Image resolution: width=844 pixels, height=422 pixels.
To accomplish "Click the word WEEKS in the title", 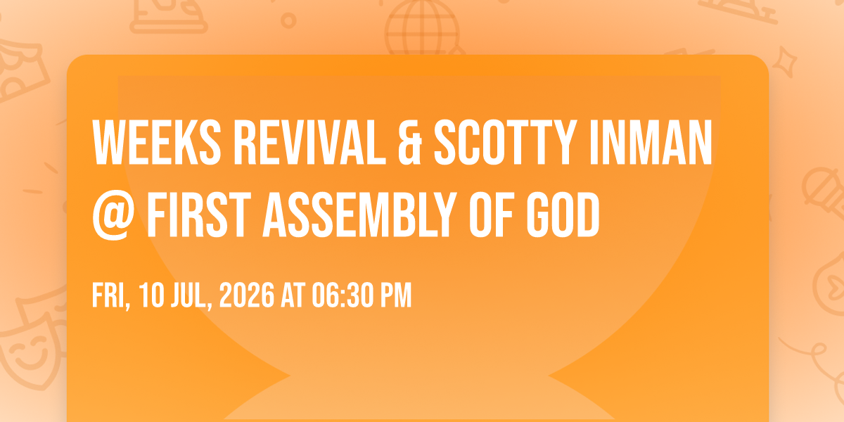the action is [x=157, y=142].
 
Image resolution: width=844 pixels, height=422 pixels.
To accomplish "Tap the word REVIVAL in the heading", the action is [x=309, y=142].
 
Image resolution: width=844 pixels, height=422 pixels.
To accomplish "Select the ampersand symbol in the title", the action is [x=409, y=142].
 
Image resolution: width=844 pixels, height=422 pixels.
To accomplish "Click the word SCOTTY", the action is [x=506, y=142].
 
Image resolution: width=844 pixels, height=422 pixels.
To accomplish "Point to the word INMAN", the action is [x=651, y=142].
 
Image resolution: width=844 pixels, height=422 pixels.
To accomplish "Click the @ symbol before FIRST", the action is [x=113, y=215].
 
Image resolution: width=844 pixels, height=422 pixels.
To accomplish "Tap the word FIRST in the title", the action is [x=199, y=215].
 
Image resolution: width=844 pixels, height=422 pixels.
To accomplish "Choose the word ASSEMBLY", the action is [x=359, y=215].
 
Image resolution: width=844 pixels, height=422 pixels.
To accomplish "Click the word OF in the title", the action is [x=492, y=215].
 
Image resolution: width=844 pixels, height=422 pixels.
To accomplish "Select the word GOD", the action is [x=563, y=215].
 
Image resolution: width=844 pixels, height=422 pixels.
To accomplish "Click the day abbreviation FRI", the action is [x=111, y=296].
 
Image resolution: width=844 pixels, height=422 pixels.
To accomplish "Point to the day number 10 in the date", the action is [x=151, y=295].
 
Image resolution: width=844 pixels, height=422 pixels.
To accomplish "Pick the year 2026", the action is [x=247, y=295].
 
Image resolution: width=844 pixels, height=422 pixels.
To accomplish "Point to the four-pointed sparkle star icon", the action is [x=784, y=62].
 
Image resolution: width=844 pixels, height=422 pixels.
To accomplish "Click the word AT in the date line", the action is [x=293, y=295].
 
